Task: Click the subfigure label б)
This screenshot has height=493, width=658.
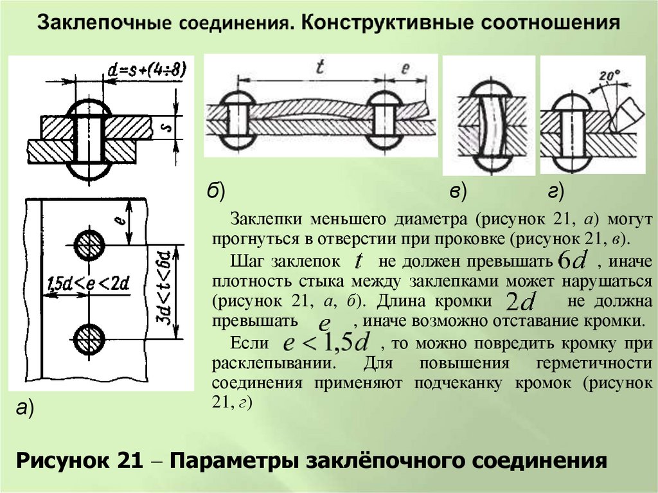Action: pos(215,191)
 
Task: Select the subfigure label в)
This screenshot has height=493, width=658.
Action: pos(458,191)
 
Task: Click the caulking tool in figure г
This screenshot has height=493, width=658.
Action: pos(627,116)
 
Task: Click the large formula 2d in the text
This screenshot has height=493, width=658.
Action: pos(520,301)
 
